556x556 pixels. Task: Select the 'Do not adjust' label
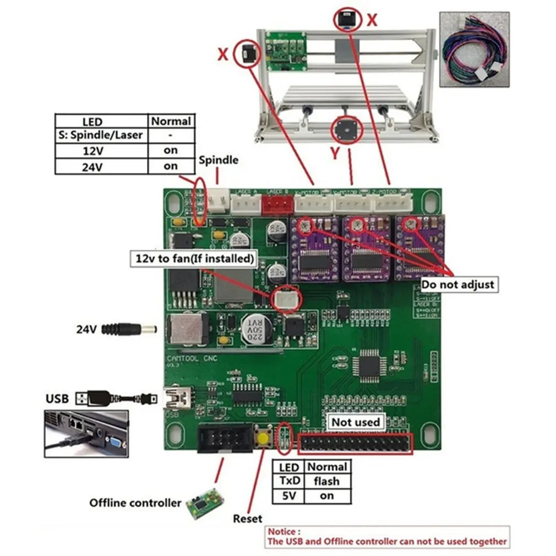click(x=458, y=285)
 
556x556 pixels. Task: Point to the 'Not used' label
click(x=356, y=422)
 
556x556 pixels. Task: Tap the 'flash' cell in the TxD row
click(x=327, y=481)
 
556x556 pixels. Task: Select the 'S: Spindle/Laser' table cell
click(x=102, y=135)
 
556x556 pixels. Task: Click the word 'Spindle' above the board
click(x=219, y=160)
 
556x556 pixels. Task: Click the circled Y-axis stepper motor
click(x=347, y=130)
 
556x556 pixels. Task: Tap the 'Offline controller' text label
click(x=135, y=503)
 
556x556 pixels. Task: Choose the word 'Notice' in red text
click(x=284, y=532)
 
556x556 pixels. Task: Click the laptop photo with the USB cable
click(x=86, y=433)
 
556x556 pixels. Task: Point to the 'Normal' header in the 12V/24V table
click(x=171, y=121)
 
